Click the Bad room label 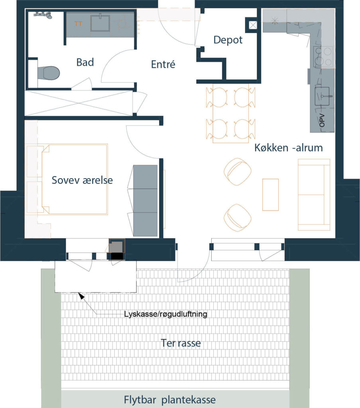pos(85,63)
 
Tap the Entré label pos(163,64)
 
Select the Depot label pos(228,40)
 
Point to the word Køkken pos(271,148)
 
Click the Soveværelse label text pos(82,180)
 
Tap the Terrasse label pos(181,343)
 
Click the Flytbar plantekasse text pos(169,400)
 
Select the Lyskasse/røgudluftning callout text pos(165,314)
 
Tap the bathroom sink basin pos(100,23)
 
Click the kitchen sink pos(324,96)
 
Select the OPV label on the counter pos(322,120)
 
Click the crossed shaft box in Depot pos(252,25)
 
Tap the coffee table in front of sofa pos(270,194)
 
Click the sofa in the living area pos(314,194)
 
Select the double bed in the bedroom pos(75,179)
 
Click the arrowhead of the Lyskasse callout pos(81,295)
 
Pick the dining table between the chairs pos(230,113)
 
